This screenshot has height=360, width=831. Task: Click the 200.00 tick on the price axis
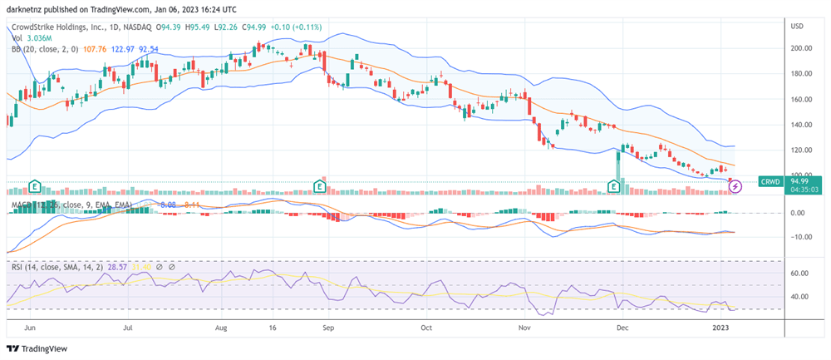800,48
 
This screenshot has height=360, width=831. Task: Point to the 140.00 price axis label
800,125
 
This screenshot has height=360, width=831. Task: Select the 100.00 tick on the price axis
800,175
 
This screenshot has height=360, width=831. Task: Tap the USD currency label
796,27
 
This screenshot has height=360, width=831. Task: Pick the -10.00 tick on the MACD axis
800,237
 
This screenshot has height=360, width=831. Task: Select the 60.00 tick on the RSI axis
800,273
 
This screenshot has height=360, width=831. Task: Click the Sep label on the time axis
328,328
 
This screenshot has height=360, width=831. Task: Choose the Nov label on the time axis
525,328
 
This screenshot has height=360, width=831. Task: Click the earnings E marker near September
319,187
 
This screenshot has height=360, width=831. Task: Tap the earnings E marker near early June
35,187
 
